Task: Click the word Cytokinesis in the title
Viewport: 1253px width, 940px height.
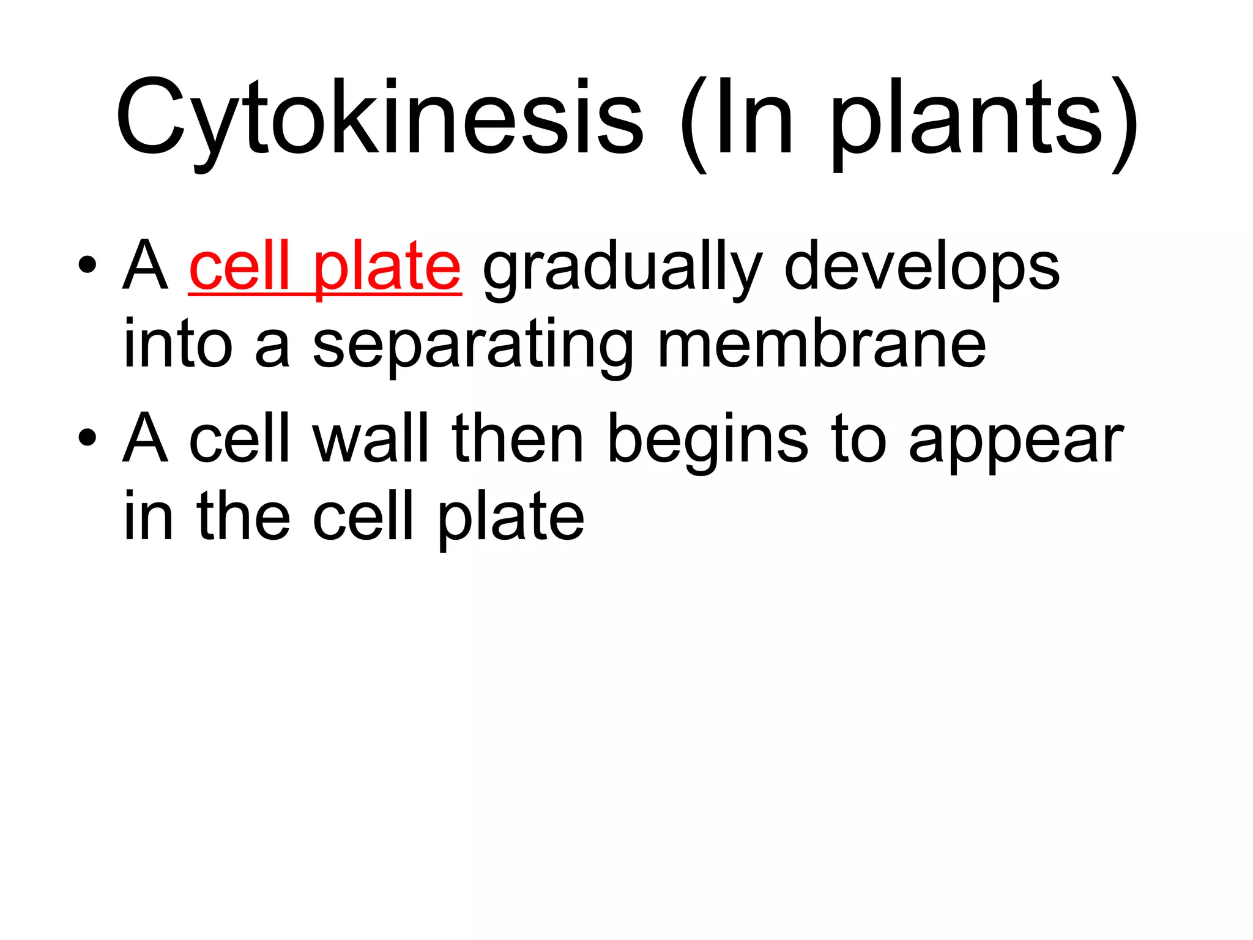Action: [379, 117]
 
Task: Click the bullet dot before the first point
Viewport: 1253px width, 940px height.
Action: [87, 265]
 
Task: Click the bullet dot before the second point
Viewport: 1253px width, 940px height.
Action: [87, 438]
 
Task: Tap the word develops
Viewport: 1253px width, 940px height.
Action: [922, 268]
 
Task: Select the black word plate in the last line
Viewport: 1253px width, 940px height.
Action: [511, 519]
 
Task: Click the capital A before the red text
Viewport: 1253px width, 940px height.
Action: [146, 266]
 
